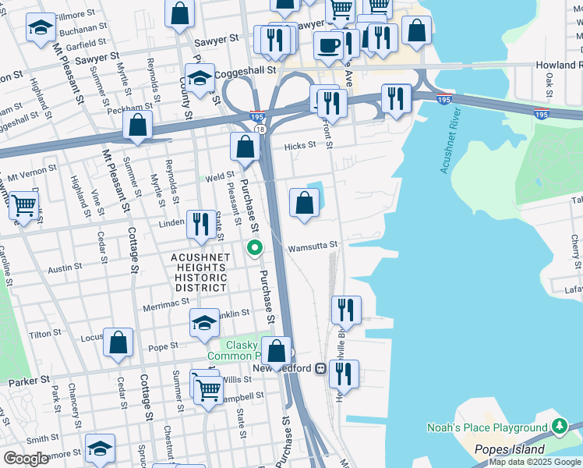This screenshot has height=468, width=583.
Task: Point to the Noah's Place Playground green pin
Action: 559,426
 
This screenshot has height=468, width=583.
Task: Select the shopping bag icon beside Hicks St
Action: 245,146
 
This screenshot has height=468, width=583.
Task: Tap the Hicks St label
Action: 300,145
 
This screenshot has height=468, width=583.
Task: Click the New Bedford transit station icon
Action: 320,368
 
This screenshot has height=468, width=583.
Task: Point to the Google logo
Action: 26,458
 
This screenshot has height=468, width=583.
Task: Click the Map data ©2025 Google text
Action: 535,462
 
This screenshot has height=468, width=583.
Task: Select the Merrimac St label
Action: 162,307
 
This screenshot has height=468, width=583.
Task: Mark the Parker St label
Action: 23,383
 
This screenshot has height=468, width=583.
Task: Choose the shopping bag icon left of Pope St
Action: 118,342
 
